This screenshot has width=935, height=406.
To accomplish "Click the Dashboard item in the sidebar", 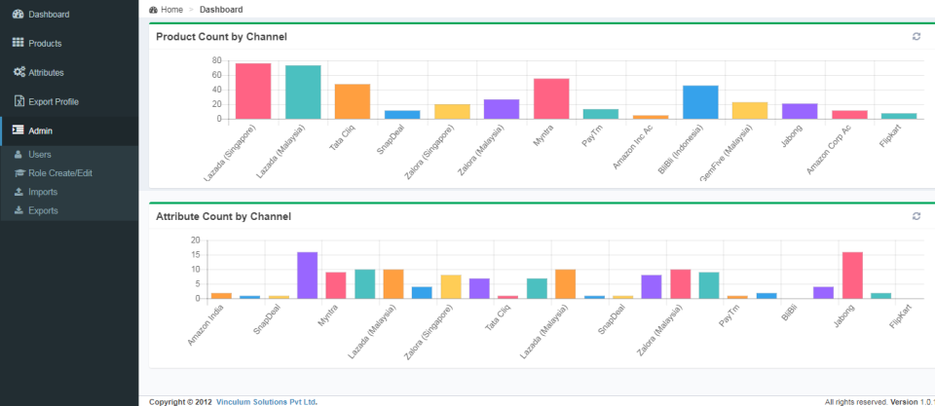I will pos(48,15).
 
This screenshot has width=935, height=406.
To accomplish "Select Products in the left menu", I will pos(45,44).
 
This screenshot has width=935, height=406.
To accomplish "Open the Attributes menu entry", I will pos(46,73).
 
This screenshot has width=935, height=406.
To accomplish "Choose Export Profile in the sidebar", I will pos(53,102).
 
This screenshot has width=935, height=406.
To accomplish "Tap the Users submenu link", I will pos(40,155).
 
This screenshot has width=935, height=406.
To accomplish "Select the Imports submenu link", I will pos(43,192).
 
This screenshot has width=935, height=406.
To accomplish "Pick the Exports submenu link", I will pos(43,210).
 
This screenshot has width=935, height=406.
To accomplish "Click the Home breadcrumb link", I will pos(171,9).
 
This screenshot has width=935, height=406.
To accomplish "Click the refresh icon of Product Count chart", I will pos(916,37).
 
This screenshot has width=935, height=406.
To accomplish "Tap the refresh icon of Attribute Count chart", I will pos(916,216).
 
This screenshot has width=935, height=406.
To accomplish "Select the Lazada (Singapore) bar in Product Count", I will pos(253,92).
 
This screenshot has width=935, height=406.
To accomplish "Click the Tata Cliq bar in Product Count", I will pos(353,101).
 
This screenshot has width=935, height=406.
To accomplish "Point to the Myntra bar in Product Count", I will pos(551,98).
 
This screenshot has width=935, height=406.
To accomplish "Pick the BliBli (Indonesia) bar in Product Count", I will pos(700,102).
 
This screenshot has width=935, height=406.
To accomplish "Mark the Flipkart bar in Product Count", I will pos(899,116).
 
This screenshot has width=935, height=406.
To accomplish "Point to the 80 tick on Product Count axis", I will pos(218,60).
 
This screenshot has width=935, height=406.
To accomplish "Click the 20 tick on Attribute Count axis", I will pos(195,240).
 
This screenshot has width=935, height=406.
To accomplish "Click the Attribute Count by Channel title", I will pos(223,216).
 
